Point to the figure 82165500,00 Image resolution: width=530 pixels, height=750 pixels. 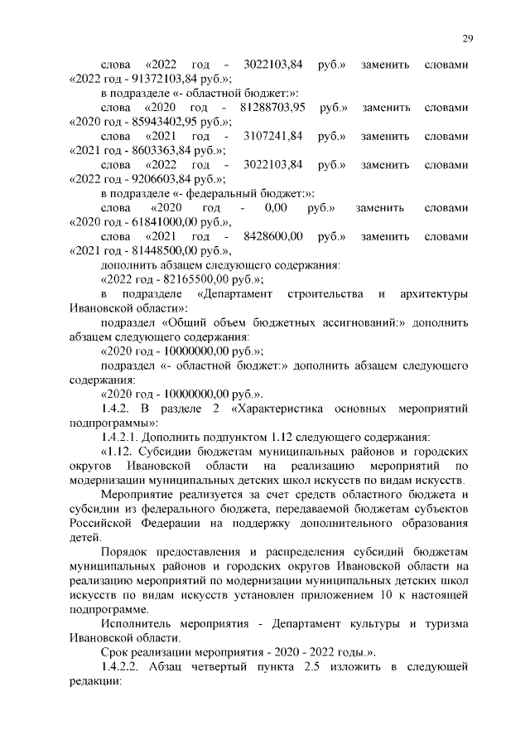187,280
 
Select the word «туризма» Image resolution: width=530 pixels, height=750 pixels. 441,624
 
